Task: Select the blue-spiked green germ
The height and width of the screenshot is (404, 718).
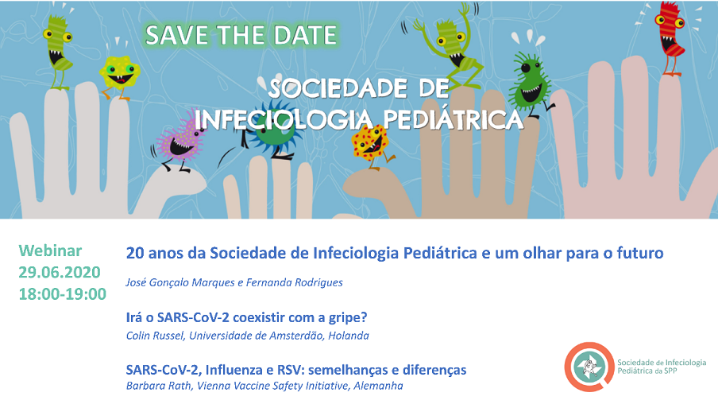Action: (x=272, y=130)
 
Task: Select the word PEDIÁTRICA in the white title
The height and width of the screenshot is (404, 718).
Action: (x=453, y=119)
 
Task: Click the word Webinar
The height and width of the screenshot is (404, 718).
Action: (x=50, y=251)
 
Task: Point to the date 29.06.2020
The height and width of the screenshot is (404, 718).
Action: (x=60, y=273)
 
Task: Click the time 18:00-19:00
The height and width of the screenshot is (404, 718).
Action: (x=62, y=294)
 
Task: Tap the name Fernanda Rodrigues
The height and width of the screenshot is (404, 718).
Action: (x=295, y=282)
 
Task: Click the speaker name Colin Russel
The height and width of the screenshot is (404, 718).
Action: (x=155, y=336)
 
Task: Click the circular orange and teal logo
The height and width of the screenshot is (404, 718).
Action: (x=589, y=367)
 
